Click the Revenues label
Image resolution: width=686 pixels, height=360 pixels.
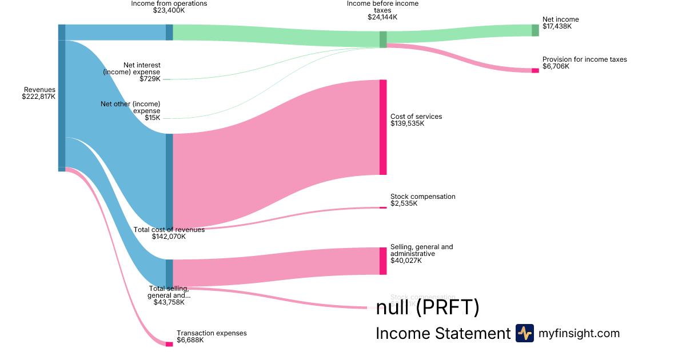coord(39,90)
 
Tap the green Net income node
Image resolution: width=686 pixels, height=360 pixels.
coord(535,30)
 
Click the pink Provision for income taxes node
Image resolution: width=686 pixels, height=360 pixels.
coord(535,70)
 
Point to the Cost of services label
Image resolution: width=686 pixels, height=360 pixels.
coord(416,117)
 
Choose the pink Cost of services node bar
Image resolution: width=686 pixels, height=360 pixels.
coord(383,127)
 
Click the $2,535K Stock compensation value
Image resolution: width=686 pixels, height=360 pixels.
coord(404,203)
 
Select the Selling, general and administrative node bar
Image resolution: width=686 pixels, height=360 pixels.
coord(383,261)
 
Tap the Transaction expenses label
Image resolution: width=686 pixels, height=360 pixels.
coord(212,333)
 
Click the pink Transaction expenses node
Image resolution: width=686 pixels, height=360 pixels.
coord(169,344)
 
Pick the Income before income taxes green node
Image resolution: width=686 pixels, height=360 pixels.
coord(383,39)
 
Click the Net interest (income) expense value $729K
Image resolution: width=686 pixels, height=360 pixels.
coord(150,79)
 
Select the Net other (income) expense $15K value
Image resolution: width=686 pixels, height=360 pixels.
coord(152,118)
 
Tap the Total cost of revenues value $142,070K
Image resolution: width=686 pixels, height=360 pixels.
coord(169,237)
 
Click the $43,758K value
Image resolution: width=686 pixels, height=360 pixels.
coord(169,302)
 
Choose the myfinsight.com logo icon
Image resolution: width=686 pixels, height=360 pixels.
coord(524,333)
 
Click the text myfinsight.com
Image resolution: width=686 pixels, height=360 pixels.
coord(579,333)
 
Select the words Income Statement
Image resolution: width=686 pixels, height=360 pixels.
coord(442,334)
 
